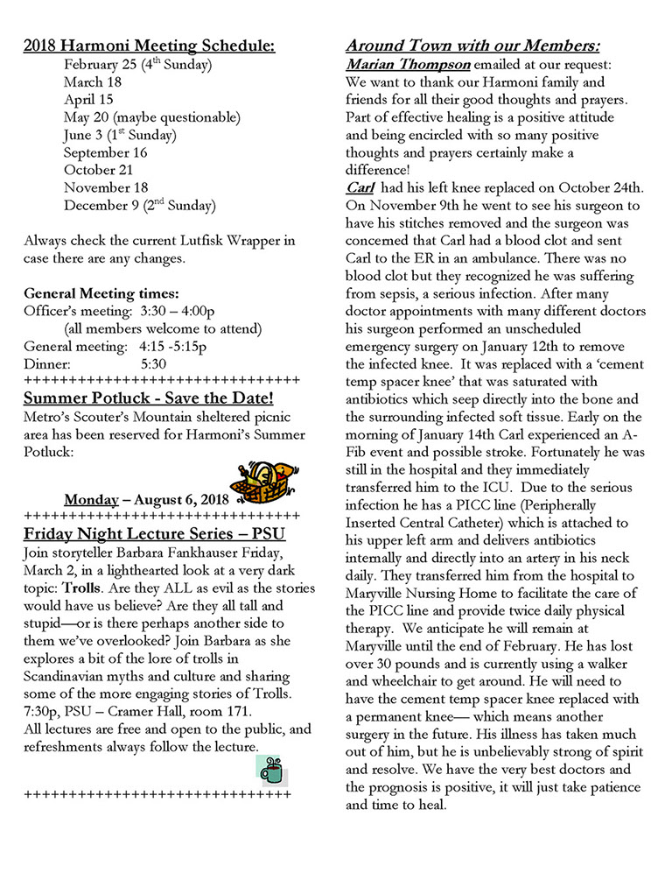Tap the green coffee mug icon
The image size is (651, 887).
[x=271, y=768]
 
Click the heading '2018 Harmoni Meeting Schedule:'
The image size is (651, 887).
[x=148, y=46]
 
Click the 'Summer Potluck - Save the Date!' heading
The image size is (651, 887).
[x=148, y=399]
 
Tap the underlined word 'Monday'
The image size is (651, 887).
[x=91, y=500]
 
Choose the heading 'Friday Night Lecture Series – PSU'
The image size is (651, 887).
[x=154, y=534]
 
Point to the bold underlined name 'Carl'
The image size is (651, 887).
[x=360, y=188]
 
